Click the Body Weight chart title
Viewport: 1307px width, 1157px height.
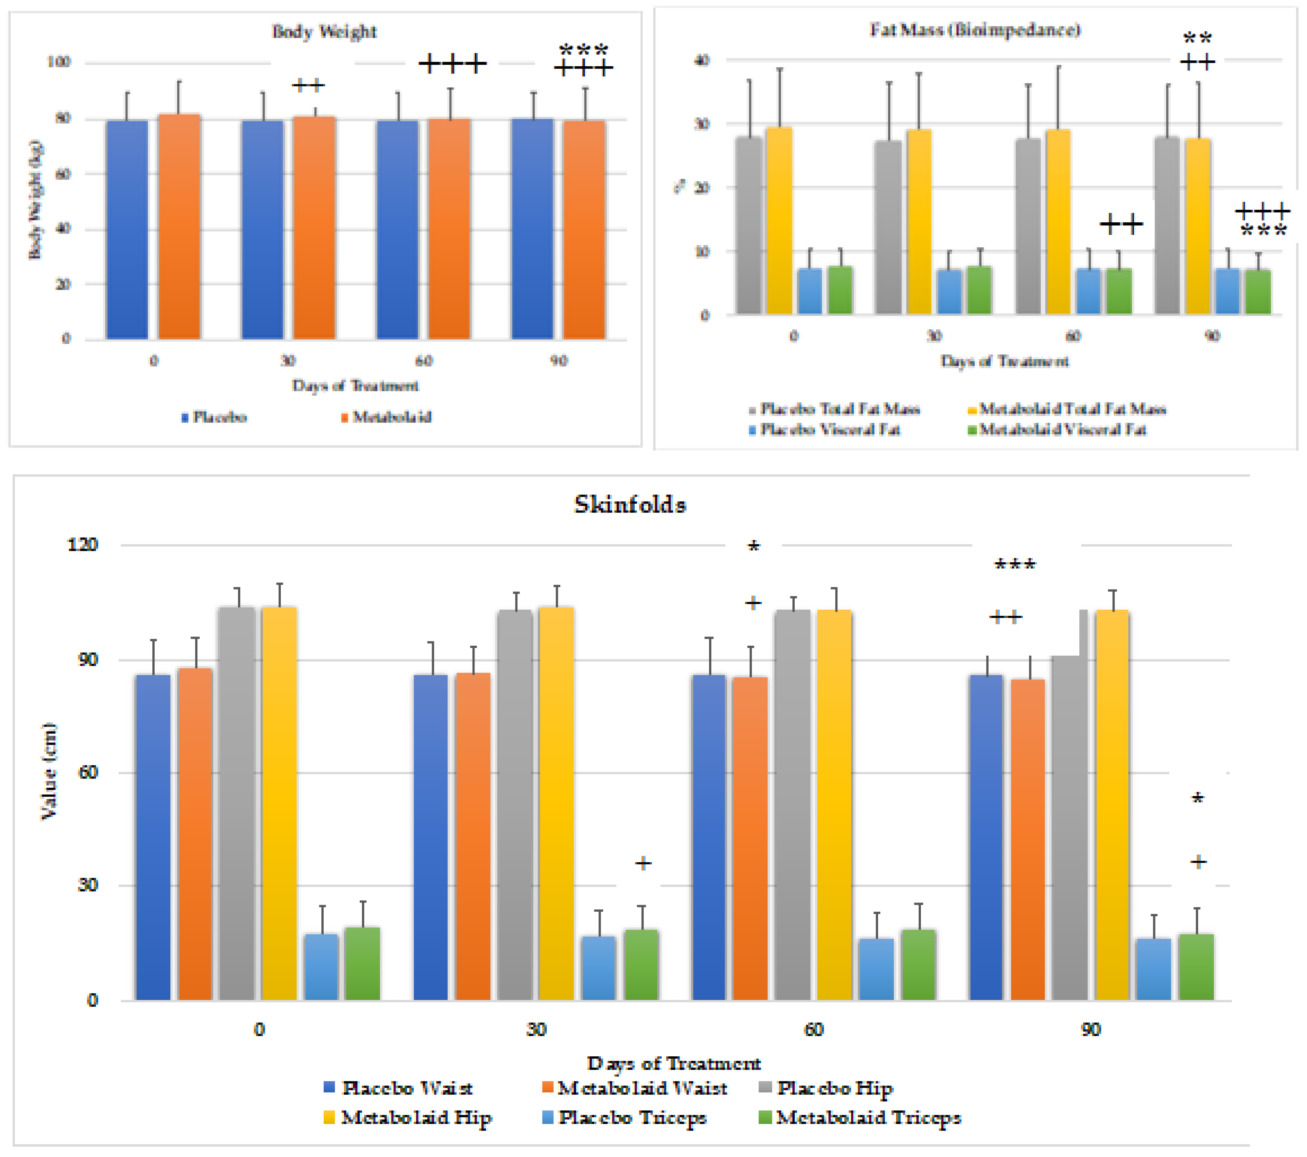[324, 31]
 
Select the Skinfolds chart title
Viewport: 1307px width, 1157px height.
[630, 504]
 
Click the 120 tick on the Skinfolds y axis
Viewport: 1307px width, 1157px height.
[83, 545]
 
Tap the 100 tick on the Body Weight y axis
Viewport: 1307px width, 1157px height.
[59, 62]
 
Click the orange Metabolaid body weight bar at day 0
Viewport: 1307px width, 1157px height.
[179, 227]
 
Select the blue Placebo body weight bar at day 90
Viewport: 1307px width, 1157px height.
[533, 229]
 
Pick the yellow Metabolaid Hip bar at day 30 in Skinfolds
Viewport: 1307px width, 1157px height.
[556, 803]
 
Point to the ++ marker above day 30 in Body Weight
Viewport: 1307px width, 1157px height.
[308, 85]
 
